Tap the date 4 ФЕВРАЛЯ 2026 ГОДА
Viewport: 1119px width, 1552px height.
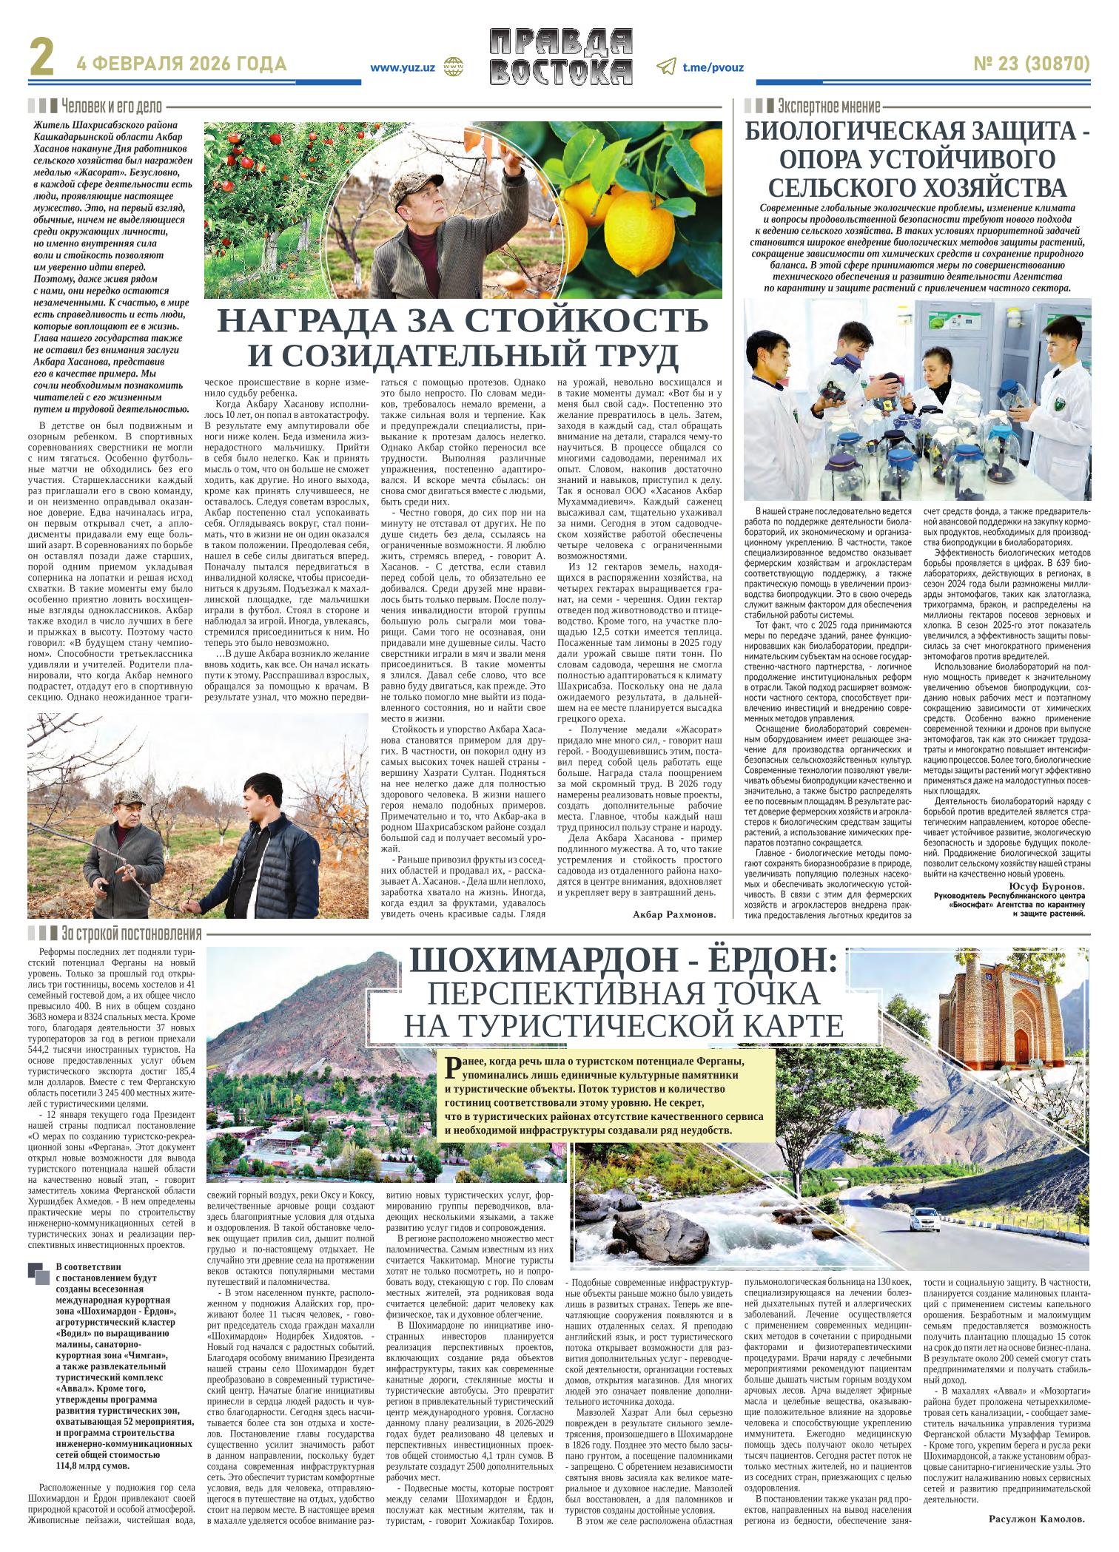[181, 65]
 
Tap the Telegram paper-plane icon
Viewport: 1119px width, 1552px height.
[665, 67]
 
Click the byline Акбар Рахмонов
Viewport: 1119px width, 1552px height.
[675, 915]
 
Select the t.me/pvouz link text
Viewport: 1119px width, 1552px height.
[713, 67]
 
